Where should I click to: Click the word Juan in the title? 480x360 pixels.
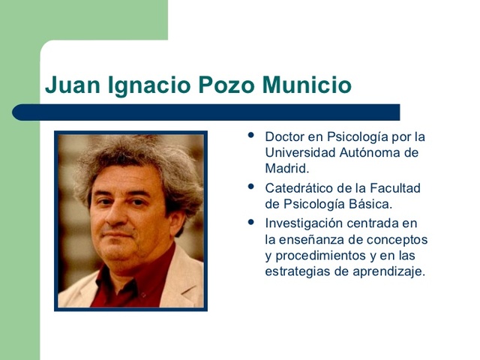65,85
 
